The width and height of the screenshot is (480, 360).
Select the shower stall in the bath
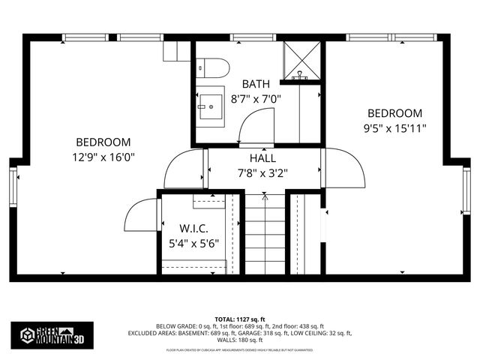301,59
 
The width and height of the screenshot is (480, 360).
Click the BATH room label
256,84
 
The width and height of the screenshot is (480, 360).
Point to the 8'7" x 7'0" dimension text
256,98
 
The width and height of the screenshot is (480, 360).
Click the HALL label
262,158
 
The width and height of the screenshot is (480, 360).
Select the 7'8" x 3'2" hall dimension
262,172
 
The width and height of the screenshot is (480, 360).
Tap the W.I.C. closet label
193,228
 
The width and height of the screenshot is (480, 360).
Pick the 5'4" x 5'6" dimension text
193,242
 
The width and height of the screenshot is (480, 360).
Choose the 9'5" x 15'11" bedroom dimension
394,127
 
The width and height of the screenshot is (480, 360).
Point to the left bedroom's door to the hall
185,169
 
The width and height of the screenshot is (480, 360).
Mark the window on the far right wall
466,191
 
